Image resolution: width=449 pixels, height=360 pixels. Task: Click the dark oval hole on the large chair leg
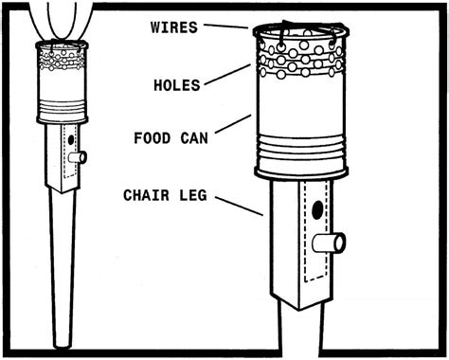316,209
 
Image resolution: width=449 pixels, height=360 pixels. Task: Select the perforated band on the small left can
63,63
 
